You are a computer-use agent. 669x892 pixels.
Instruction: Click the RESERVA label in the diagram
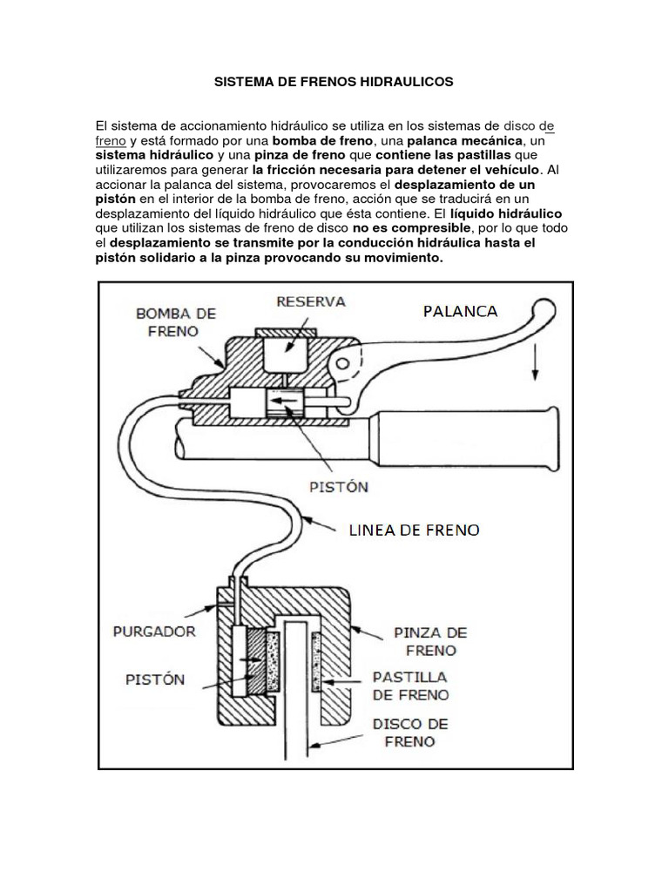(311, 301)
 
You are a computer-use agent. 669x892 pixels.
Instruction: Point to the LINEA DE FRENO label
(414, 529)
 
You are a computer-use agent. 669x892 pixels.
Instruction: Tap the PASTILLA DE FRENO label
(410, 686)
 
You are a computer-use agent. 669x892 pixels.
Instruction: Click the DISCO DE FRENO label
(409, 733)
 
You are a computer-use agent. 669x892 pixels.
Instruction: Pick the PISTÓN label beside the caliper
(154, 679)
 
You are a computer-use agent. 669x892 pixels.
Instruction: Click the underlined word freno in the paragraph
(110, 140)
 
